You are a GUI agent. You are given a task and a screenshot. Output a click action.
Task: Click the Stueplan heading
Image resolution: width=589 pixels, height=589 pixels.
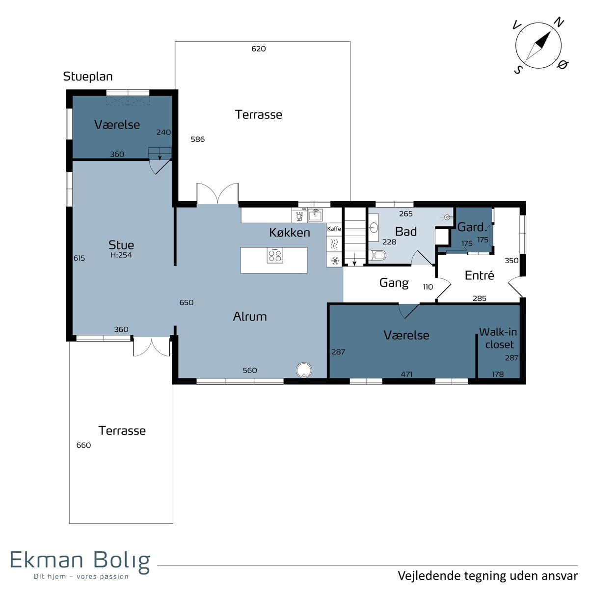pos(88,77)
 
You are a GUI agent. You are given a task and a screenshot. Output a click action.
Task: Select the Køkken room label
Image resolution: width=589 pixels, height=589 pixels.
pos(290,233)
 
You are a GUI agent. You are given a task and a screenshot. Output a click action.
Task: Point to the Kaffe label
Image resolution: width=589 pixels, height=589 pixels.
pos(334,229)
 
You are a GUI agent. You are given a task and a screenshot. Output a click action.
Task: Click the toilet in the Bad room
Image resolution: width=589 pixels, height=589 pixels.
pos(377,255)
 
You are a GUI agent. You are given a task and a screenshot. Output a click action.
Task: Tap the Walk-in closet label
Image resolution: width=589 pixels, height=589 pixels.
pos(499,338)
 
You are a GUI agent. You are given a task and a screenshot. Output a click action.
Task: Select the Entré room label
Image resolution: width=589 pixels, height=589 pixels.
pos(479,275)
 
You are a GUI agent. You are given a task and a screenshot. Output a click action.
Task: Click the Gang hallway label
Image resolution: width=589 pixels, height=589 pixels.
pos(394,283)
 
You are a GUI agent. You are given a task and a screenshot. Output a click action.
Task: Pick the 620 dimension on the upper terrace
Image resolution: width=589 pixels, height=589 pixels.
pos(259,49)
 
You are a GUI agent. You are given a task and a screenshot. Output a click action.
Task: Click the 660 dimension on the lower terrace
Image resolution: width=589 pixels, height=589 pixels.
pos(83,445)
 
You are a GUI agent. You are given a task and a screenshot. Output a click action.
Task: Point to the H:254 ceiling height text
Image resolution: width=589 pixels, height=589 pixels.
pos(121,255)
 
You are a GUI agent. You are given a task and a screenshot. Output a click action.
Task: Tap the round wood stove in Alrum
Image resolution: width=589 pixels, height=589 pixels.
pos(304,370)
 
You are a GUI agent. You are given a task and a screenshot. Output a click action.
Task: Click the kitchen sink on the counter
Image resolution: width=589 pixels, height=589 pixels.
pos(315,215)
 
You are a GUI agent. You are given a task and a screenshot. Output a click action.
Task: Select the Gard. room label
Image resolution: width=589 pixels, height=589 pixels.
pos(472,227)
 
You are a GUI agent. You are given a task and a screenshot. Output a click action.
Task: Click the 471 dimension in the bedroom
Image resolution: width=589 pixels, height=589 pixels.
pos(406,374)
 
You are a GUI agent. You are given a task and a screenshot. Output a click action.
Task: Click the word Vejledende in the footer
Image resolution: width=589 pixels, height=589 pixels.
pos(429,576)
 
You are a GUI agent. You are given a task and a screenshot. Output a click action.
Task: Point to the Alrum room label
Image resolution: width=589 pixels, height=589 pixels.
pos(250,317)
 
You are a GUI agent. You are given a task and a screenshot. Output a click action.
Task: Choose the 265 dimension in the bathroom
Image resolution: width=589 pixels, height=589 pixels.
pos(406,214)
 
